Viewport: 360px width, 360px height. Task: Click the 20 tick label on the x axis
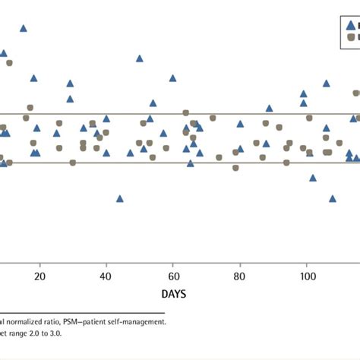coord(39,276)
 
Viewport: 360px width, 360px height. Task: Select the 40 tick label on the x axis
coord(106,276)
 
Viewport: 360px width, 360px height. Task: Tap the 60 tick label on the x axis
coord(173,276)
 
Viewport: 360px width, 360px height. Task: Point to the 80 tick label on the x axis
coord(240,276)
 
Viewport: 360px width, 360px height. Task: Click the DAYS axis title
coord(174,293)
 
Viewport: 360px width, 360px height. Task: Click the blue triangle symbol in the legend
coord(350,24)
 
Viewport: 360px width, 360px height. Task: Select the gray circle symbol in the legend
coord(351,36)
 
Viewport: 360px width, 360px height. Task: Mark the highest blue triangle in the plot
coord(24,28)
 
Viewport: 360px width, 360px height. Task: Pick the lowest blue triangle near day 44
coord(120,198)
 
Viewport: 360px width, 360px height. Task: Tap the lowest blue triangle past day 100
coord(332,198)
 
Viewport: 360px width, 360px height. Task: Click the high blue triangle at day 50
coord(140,58)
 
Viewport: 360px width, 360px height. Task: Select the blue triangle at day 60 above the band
coord(173,77)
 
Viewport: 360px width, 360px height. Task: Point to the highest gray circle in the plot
coord(10,62)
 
